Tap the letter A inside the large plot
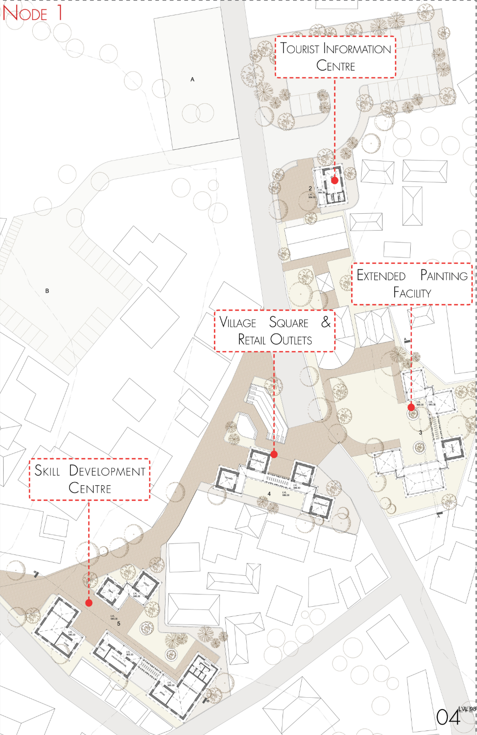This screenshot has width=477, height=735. (x=192, y=80)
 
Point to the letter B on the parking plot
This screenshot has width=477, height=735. (x=47, y=291)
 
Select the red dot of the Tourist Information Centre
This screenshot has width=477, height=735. (x=334, y=180)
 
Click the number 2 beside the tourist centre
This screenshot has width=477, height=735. (x=310, y=188)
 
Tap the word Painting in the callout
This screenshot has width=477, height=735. (x=443, y=276)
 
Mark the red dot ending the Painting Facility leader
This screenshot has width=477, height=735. (x=411, y=408)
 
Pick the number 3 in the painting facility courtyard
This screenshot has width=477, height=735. (x=421, y=432)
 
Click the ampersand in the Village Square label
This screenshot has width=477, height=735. (x=326, y=322)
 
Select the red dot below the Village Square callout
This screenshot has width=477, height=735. (x=274, y=454)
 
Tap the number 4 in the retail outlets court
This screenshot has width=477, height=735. (x=269, y=493)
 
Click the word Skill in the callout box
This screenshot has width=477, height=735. (x=47, y=470)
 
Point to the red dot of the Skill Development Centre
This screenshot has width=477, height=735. (x=89, y=603)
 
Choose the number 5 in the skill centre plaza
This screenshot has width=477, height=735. (x=119, y=624)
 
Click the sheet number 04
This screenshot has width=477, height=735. (x=448, y=717)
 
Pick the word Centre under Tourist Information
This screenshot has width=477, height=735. (x=335, y=66)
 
